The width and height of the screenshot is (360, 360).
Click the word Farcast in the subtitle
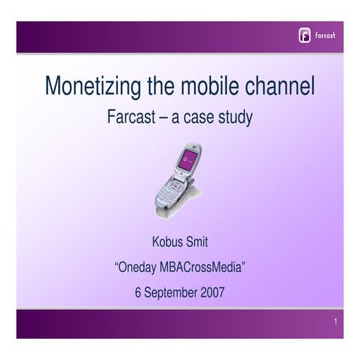(x=131, y=118)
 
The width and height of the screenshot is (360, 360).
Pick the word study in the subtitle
(x=236, y=118)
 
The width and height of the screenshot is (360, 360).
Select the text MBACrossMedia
(x=202, y=268)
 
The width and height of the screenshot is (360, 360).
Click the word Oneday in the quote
(x=138, y=268)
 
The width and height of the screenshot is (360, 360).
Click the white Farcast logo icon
(x=305, y=36)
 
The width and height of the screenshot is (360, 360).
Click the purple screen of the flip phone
(x=188, y=160)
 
